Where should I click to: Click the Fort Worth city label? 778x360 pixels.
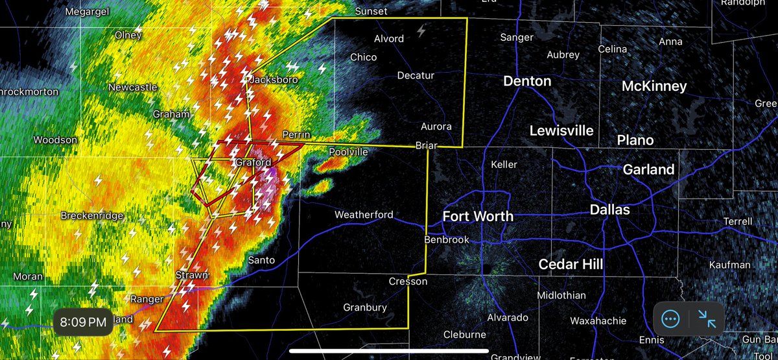tap(478, 217)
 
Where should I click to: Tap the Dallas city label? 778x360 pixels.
tap(610, 210)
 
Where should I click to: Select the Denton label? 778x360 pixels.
tap(528, 81)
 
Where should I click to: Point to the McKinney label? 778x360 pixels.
tap(654, 86)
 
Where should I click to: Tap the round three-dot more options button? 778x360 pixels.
tap(670, 318)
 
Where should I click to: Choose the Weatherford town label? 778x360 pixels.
tap(364, 215)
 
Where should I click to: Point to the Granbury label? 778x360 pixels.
tap(366, 307)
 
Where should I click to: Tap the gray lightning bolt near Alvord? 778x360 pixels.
tap(422, 30)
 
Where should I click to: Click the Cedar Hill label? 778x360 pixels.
tap(571, 264)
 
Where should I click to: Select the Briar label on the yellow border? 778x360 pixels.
tap(426, 147)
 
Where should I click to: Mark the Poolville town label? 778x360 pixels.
tap(348, 151)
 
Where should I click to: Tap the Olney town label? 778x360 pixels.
tap(128, 35)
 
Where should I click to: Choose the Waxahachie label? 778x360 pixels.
tap(598, 320)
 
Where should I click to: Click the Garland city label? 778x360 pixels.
tap(648, 170)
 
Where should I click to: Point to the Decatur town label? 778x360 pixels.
tap(416, 75)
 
